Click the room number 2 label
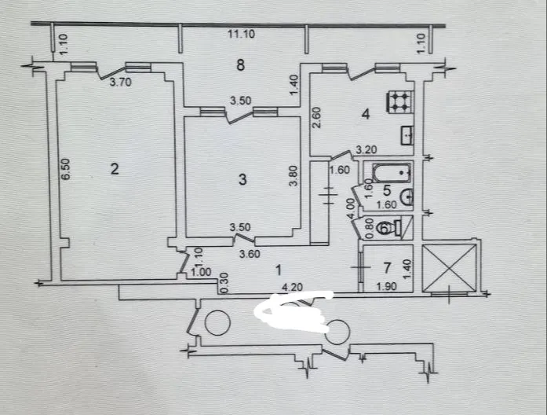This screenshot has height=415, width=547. pyautogui.click(x=115, y=169)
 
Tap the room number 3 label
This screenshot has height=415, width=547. pyautogui.click(x=243, y=179)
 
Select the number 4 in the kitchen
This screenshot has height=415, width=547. pyautogui.click(x=366, y=114)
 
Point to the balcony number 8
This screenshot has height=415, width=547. pyautogui.click(x=240, y=65)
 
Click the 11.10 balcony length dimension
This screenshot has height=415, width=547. pyautogui.click(x=242, y=35)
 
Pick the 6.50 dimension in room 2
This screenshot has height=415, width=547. pyautogui.click(x=66, y=169)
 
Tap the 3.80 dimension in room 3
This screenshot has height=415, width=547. pyautogui.click(x=294, y=176)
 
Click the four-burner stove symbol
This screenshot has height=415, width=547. pyautogui.click(x=399, y=101)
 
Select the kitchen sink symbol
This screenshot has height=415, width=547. pyautogui.click(x=407, y=135)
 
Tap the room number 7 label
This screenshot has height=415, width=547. pyautogui.click(x=387, y=268)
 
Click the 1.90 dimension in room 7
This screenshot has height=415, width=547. pyautogui.click(x=387, y=286)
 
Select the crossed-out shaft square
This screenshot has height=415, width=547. pyautogui.click(x=450, y=268)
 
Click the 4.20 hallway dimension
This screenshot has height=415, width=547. pyautogui.click(x=292, y=287)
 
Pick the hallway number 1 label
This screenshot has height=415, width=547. pyautogui.click(x=279, y=270)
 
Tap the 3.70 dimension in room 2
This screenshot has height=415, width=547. pyautogui.click(x=120, y=83)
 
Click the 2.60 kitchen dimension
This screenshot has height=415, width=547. pyautogui.click(x=317, y=118)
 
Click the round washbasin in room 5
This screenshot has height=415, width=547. pyautogui.click(x=407, y=197)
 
